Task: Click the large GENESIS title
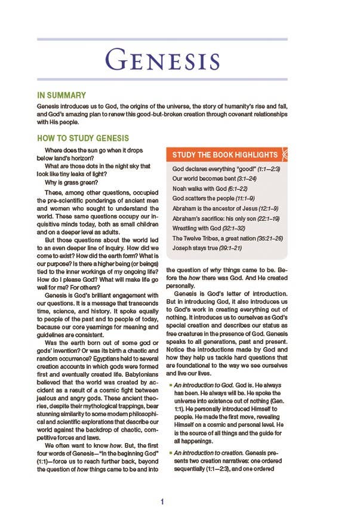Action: click(162, 62)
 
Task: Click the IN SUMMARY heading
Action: click(61, 96)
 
